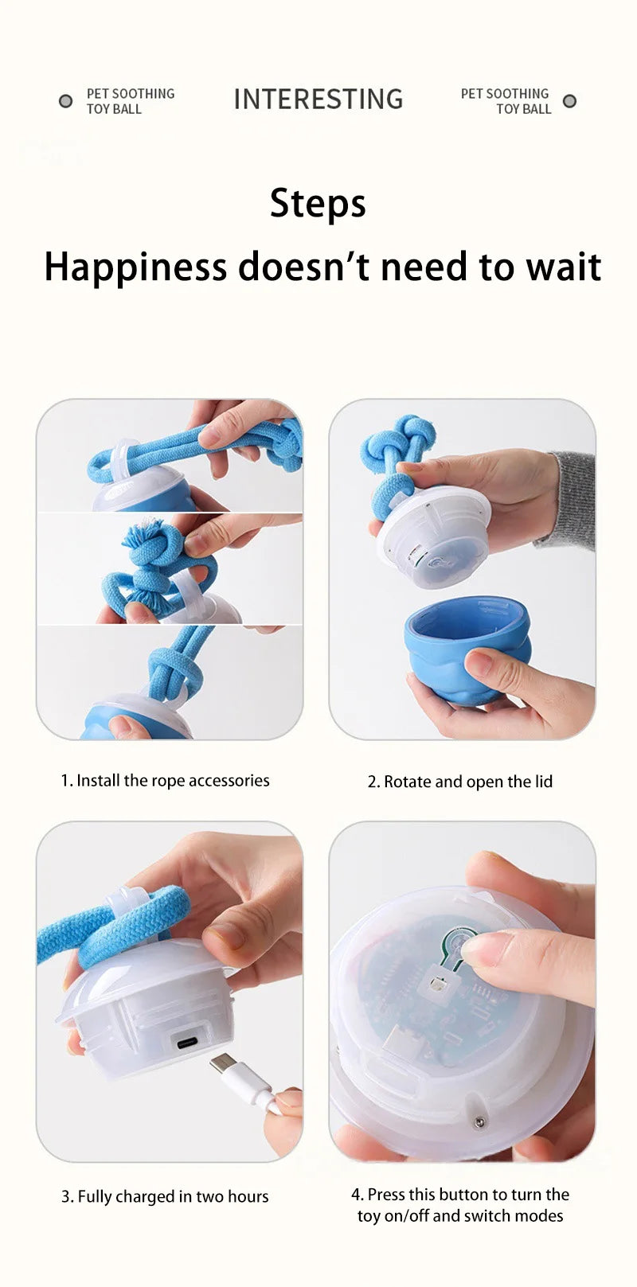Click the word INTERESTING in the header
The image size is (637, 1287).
(318, 99)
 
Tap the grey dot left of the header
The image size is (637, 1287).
(66, 101)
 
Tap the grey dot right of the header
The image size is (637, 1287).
(569, 101)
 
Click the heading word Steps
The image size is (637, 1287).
(318, 204)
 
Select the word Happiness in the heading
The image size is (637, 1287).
(135, 267)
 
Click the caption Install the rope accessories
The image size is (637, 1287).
(166, 781)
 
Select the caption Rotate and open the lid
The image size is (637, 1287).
(459, 782)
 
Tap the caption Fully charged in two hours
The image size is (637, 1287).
(165, 1196)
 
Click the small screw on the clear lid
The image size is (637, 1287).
(479, 1122)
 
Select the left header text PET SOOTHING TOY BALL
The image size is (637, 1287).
(130, 101)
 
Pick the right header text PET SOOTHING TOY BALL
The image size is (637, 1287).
(506, 101)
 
